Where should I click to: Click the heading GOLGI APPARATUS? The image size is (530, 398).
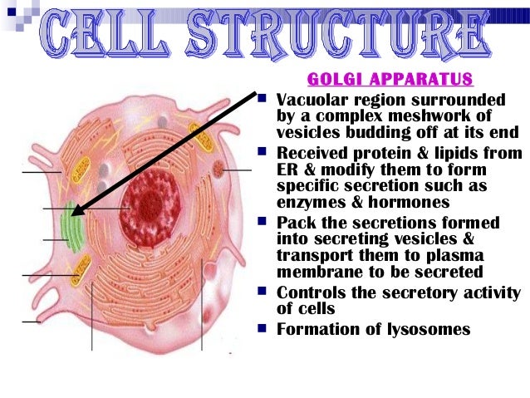click(390, 80)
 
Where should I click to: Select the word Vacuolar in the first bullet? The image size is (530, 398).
click(313, 101)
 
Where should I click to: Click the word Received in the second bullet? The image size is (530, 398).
click(315, 154)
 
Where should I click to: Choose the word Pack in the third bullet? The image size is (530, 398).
click(294, 223)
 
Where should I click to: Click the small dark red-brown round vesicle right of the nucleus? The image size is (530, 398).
click(218, 170)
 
